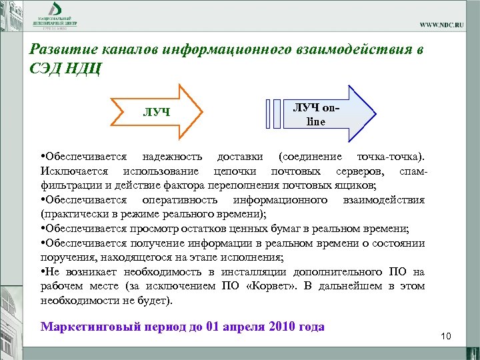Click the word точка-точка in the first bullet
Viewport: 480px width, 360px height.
click(x=389, y=157)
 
